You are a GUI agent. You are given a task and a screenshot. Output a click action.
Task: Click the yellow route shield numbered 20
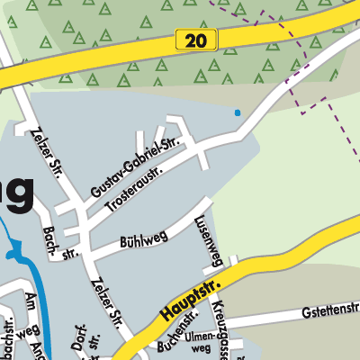pos(192,40)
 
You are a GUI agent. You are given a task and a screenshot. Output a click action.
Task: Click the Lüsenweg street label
pos(208,240)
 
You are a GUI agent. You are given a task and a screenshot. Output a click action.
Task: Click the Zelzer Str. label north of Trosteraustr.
pos(45,154)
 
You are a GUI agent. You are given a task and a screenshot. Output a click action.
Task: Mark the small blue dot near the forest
pos(238,112)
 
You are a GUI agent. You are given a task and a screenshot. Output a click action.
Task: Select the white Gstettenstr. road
pos(288,319)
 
